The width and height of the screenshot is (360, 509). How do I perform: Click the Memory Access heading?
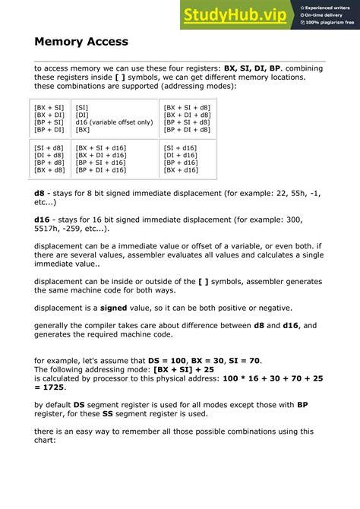coord(81,42)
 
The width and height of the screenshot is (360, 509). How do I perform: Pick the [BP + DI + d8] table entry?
coord(188,130)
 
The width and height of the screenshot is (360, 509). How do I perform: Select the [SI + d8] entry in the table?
coord(49,147)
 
